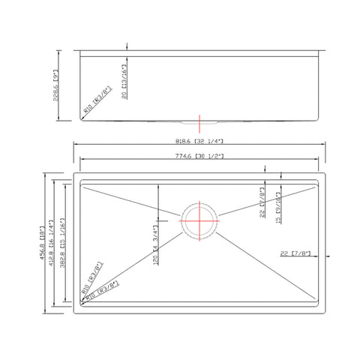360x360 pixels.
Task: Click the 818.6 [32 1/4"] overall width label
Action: [199, 141]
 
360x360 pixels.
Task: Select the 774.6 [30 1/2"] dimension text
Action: [199, 155]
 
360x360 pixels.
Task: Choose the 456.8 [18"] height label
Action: [46, 241]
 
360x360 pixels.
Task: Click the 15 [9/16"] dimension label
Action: [278, 211]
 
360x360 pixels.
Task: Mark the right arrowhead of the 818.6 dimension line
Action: [324, 145]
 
